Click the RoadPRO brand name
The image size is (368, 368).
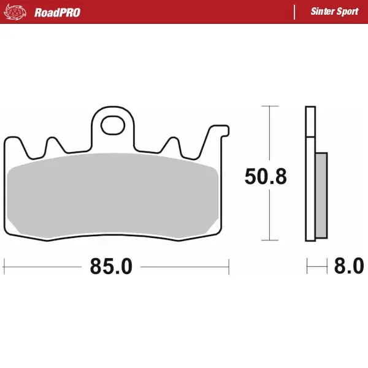point(57,12)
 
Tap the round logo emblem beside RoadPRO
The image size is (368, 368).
point(19,12)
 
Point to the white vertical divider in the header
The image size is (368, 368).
point(295,12)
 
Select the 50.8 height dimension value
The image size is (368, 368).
point(265,177)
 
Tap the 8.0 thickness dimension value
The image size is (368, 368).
point(349,267)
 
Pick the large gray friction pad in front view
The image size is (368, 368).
point(113,195)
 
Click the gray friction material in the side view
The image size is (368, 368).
point(321,196)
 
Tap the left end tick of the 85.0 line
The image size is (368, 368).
point(4,267)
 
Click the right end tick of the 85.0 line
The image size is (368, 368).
point(229,267)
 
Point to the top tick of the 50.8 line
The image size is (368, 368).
point(266,106)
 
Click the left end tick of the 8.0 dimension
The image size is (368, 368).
point(307,267)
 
